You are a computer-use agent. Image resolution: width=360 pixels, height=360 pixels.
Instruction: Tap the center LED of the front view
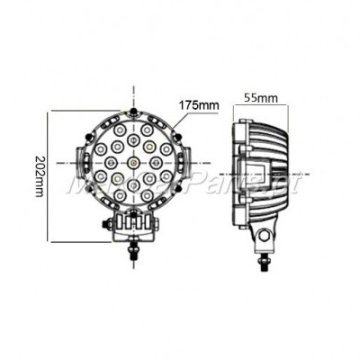pyautogui.click(x=132, y=162)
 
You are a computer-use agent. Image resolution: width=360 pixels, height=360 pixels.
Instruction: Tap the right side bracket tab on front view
pyautogui.click(x=183, y=163)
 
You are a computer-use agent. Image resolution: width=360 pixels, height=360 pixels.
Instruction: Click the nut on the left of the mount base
pyautogui.click(x=110, y=222)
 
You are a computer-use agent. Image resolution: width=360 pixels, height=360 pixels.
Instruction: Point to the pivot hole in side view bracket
pyautogui.click(x=265, y=235)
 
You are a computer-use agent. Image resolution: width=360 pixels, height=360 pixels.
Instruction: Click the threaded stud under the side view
pyautogui.click(x=265, y=258)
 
